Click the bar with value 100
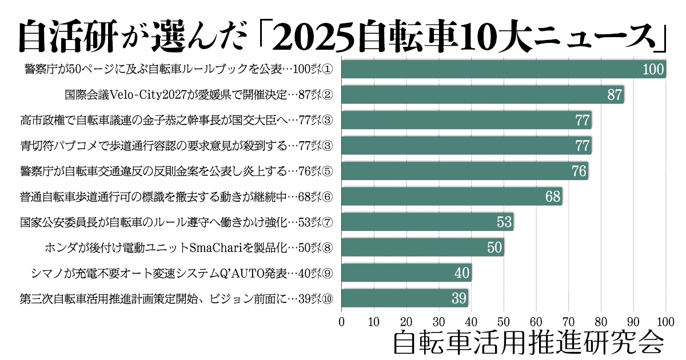(503, 69)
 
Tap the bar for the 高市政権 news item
(466, 120)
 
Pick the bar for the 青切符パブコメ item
(466, 145)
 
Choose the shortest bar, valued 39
(404, 298)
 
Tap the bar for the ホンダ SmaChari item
(422, 247)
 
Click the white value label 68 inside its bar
(553, 197)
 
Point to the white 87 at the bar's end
(615, 95)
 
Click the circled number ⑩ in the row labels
(328, 298)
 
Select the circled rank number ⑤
(328, 171)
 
